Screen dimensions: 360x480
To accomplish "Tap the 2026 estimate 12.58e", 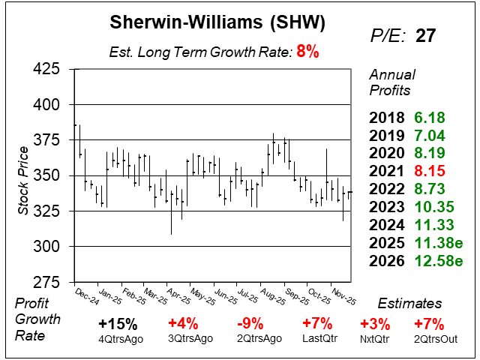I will pos(437,261).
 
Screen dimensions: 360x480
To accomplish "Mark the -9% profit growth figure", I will pos(249,325).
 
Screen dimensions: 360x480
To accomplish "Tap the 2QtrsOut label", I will pos(430,338).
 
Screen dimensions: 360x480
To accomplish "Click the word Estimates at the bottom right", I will pos(410,304).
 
